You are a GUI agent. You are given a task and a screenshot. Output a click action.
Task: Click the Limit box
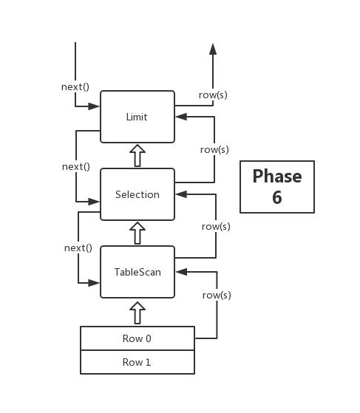tap(137, 117)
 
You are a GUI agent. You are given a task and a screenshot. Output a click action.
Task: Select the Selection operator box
tap(137, 194)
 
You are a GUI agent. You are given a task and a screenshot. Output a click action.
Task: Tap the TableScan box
tap(137, 272)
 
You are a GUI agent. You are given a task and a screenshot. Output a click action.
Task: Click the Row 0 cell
tap(137, 338)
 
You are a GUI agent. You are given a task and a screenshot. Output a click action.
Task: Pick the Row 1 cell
tap(137, 362)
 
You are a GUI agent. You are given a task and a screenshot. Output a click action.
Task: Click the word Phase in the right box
tap(277, 177)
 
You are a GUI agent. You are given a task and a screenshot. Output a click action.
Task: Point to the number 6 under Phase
tap(277, 197)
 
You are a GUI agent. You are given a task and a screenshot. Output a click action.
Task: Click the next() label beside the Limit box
tap(75, 86)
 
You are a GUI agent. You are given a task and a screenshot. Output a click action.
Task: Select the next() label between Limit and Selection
tap(76, 166)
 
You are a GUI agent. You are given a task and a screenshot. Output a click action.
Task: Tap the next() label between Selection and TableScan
tap(78, 248)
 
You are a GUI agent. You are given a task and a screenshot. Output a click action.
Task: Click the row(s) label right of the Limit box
tap(214, 95)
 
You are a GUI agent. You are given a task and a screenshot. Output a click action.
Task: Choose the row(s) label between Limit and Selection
tap(214, 149)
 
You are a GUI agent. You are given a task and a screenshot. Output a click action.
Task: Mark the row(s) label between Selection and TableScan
tap(216, 226)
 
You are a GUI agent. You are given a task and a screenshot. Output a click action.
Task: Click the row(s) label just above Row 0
tap(217, 295)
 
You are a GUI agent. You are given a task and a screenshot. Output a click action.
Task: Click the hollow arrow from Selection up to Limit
tap(137, 156)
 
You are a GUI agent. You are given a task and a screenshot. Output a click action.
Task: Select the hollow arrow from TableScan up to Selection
tap(137, 233)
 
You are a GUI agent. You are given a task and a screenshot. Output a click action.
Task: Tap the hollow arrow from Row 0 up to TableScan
tap(137, 312)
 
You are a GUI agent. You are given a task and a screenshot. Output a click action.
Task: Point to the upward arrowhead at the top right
tap(213, 49)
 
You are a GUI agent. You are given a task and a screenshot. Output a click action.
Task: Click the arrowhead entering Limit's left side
tap(95, 106)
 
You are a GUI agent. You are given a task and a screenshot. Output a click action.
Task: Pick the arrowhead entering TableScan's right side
tap(180, 271)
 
